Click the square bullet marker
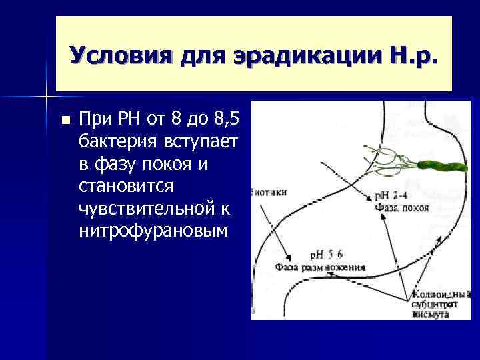point(65,121)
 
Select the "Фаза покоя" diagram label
point(402,207)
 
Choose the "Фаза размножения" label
point(319,267)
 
